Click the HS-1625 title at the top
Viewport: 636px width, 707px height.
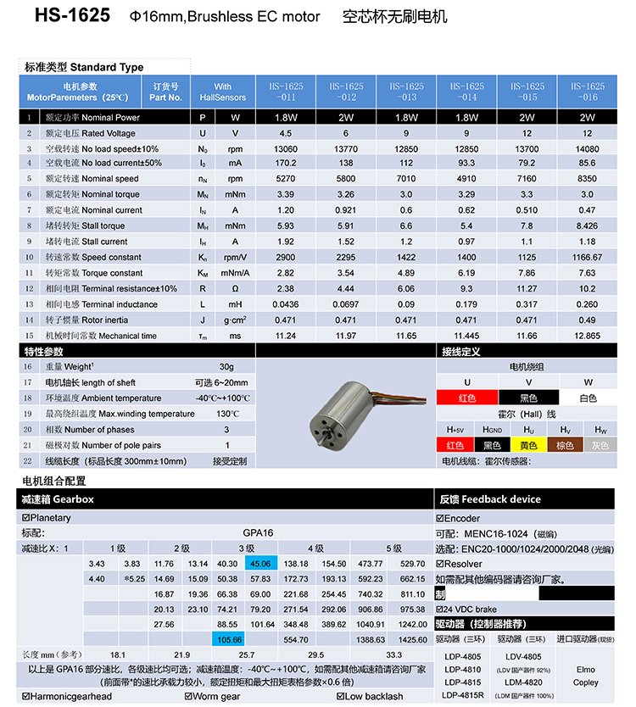[x=73, y=16]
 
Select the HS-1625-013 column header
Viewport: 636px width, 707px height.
[x=406, y=92]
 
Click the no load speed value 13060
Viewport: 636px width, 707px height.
[x=286, y=148]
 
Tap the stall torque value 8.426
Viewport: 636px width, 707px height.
[x=589, y=225]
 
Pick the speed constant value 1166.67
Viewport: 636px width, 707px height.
[x=589, y=257]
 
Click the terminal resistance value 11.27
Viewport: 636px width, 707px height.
[x=527, y=288]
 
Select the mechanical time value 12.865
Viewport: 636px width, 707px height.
[x=589, y=335]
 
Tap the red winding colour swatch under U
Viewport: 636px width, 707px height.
[x=466, y=398]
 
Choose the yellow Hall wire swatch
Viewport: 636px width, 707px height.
[x=528, y=445]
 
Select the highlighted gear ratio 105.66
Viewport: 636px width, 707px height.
[x=230, y=639]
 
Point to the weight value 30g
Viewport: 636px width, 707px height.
[x=226, y=367]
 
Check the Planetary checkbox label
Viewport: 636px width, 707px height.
[x=49, y=518]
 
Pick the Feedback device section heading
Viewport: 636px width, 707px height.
[x=489, y=499]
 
